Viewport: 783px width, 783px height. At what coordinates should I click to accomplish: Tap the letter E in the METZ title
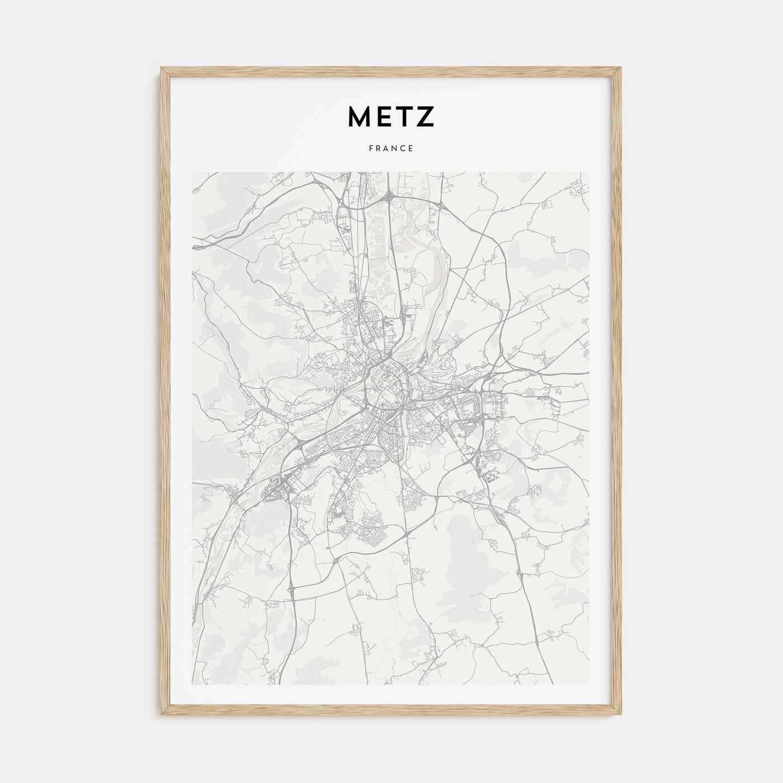[x=384, y=116]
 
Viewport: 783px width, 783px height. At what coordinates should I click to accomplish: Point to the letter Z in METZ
[x=424, y=116]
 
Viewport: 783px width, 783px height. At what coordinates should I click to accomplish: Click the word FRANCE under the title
[x=391, y=149]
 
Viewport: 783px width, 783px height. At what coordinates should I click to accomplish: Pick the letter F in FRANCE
[x=371, y=149]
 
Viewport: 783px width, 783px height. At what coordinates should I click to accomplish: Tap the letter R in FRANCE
[x=379, y=149]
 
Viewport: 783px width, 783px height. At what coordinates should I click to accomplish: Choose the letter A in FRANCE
[x=386, y=149]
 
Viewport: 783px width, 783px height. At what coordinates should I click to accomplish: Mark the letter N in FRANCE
[x=395, y=149]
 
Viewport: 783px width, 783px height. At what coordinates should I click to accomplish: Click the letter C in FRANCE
[x=403, y=149]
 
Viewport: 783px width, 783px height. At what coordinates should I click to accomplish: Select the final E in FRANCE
[x=411, y=149]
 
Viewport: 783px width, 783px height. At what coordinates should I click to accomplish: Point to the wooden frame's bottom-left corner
[x=161, y=716]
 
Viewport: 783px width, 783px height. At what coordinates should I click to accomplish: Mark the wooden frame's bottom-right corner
[x=621, y=716]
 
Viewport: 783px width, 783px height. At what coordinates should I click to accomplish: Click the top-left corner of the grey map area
[x=192, y=172]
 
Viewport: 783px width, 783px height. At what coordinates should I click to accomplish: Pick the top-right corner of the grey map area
[x=589, y=172]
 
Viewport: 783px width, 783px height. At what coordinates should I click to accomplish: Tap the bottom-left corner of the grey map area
[x=192, y=685]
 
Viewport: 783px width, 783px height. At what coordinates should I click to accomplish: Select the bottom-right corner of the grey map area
[x=589, y=685]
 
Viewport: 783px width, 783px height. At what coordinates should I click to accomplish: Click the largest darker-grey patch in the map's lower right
[x=473, y=551]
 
